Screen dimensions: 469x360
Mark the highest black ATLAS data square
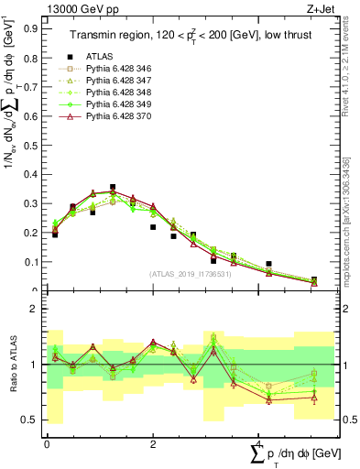click(x=113, y=187)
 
